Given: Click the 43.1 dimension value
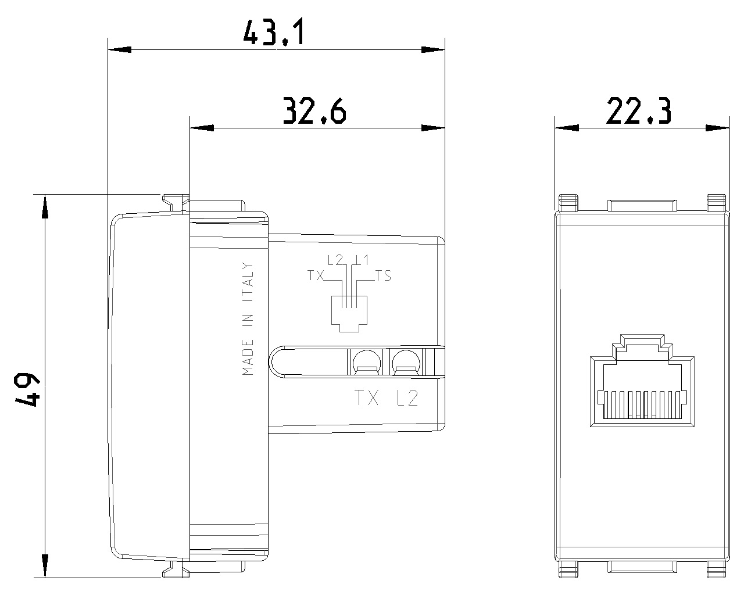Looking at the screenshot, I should pos(273,34).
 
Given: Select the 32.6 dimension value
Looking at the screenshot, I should pos(314,112).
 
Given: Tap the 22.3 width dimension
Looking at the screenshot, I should pos(639,112).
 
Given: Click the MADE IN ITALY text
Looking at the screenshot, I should pos(248,319).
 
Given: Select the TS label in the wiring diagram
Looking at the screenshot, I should pos(383,276).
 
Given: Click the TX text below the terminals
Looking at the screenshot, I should pos(367,399).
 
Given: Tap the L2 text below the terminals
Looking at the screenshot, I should pos(406,399).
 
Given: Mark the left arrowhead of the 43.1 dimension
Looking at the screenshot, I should pos(119,50).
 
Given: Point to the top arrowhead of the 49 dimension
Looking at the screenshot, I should pos(44,206).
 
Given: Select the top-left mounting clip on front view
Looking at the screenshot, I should pos(569,202).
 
